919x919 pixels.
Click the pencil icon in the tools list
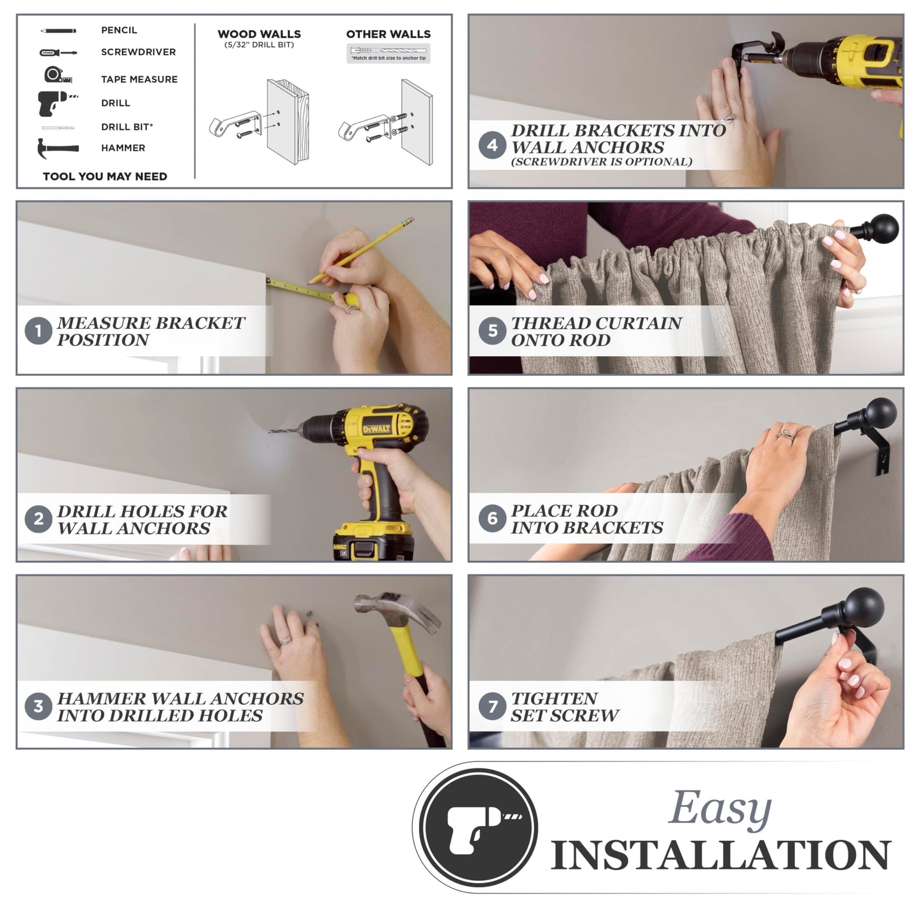58,31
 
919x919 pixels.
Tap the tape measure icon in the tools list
58,75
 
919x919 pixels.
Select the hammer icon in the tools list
58,148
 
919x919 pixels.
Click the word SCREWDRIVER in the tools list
138,52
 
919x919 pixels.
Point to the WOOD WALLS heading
259,34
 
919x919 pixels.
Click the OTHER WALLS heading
388,34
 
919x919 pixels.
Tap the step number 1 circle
38,331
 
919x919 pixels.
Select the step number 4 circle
492,145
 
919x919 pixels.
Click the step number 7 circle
492,707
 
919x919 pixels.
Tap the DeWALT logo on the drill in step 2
377,429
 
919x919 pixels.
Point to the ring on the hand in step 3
285,640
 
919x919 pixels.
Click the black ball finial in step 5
884,229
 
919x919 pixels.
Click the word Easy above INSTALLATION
719,808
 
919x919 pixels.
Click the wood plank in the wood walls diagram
287,121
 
